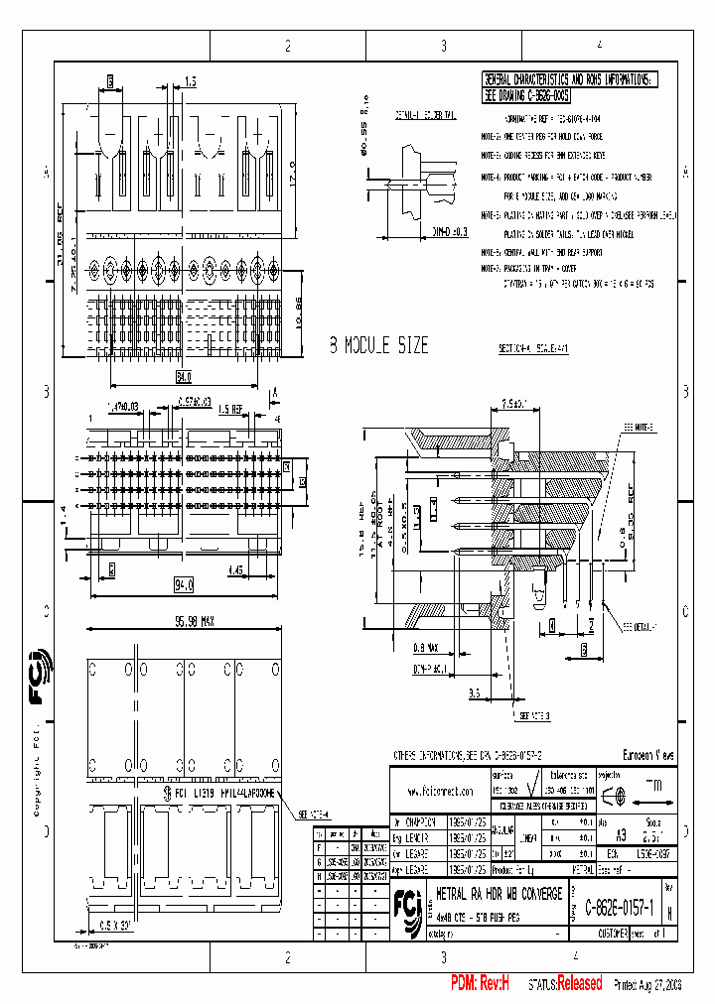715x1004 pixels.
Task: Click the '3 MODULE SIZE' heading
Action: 378,345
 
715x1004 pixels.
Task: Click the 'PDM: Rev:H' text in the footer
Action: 479,983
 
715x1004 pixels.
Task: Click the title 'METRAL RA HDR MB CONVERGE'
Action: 500,894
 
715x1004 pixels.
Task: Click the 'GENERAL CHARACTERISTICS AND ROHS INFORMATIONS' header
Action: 568,78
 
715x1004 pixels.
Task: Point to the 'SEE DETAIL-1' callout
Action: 642,627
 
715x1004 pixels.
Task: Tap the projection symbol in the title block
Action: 615,795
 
